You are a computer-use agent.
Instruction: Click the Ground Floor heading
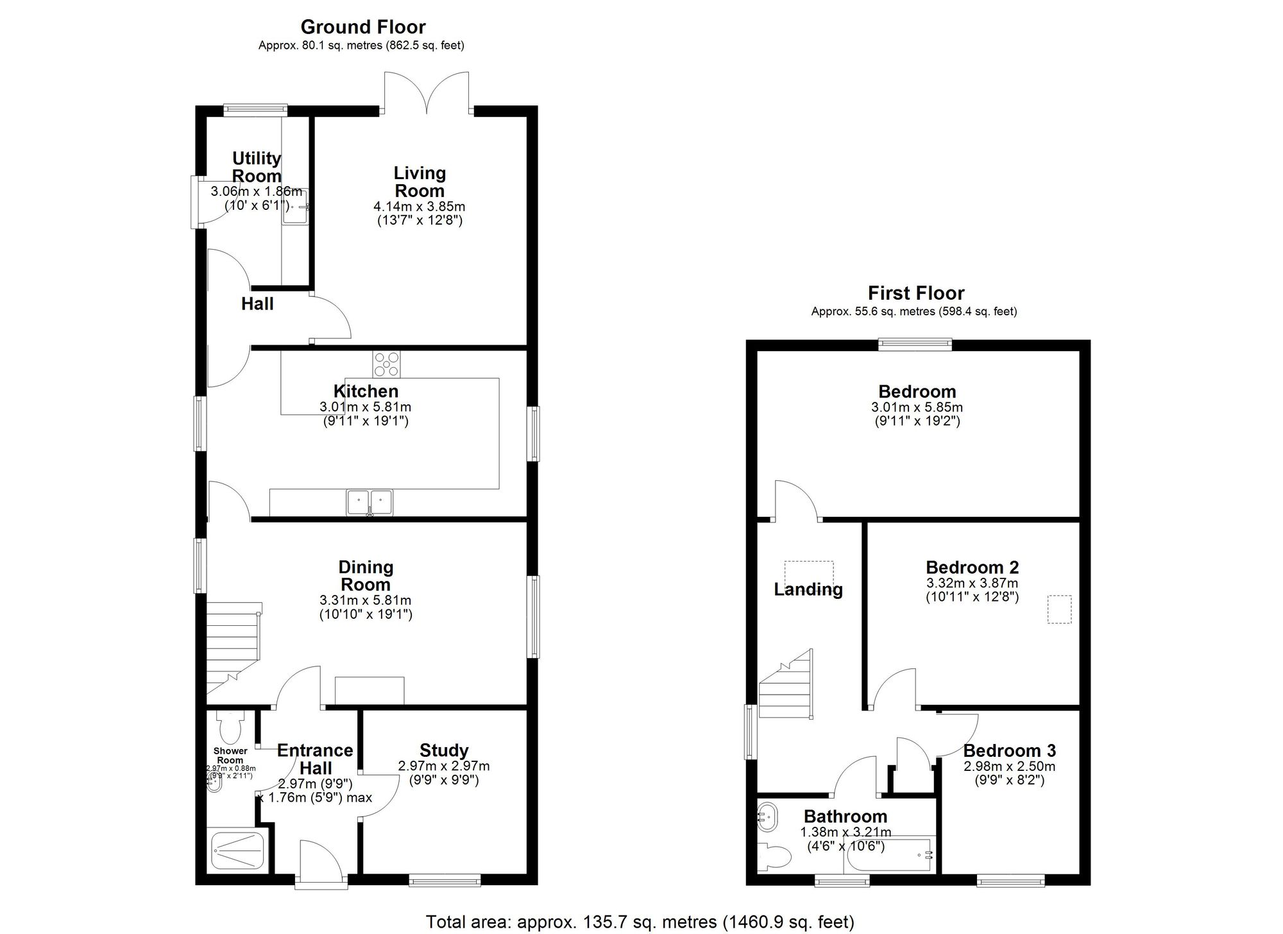click(362, 27)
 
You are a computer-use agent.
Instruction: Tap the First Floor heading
click(915, 293)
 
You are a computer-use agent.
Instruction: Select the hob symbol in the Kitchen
click(386, 364)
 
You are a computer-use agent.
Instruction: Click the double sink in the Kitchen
click(369, 503)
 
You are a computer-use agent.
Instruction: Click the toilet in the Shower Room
click(229, 727)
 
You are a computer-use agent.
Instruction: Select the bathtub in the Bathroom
click(892, 854)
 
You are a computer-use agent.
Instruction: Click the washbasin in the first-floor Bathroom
click(767, 817)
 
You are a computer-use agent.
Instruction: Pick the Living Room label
click(420, 182)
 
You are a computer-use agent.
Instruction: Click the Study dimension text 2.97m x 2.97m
click(444, 766)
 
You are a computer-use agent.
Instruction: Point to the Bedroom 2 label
click(972, 567)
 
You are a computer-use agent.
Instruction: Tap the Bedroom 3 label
click(1009, 750)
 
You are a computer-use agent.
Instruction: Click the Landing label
click(808, 589)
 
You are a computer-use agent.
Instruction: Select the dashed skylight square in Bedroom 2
click(1059, 609)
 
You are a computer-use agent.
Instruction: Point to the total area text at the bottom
click(640, 922)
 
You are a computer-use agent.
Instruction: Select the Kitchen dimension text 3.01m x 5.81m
click(365, 407)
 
